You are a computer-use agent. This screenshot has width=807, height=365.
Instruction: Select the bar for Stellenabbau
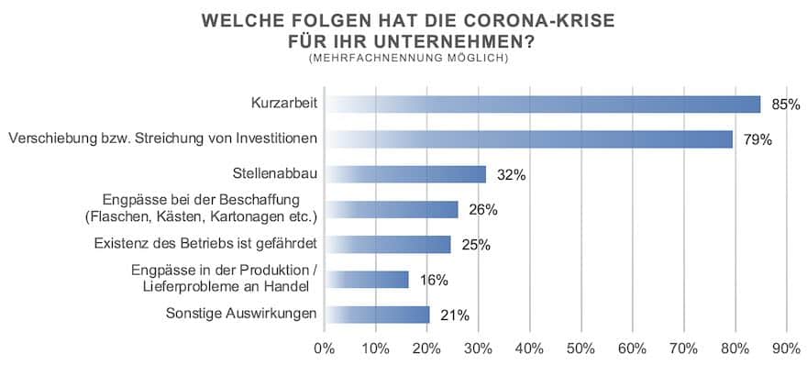(x=406, y=174)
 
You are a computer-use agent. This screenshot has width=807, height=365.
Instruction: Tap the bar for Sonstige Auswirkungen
(x=378, y=314)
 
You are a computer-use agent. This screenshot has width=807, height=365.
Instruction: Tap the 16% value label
(x=429, y=280)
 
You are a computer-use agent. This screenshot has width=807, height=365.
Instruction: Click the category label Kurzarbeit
(x=283, y=105)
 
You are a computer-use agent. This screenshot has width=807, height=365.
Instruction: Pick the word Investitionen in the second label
(x=276, y=139)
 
